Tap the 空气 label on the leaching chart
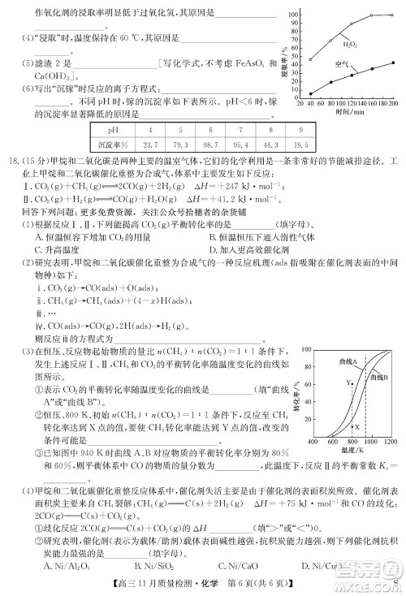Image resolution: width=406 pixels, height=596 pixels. [x=342, y=63]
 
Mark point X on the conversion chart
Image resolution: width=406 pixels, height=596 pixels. [x=358, y=425]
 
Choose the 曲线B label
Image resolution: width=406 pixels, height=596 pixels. [x=379, y=377]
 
